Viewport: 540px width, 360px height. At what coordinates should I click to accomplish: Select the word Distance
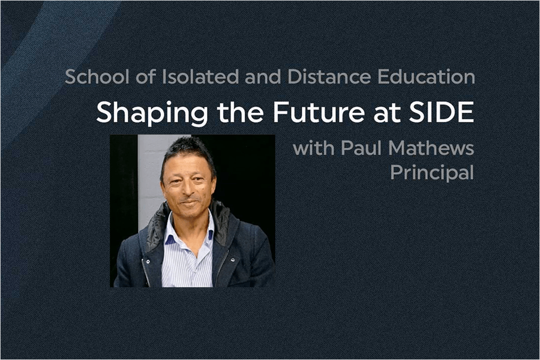329,76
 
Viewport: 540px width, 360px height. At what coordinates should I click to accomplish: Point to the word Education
427,76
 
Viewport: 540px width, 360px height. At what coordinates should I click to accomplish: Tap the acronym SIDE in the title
442,112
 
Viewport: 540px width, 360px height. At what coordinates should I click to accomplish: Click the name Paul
361,148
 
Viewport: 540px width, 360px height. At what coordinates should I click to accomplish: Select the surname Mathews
431,148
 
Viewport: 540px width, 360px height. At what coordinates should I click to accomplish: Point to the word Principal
432,173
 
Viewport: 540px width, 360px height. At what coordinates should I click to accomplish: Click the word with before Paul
314,148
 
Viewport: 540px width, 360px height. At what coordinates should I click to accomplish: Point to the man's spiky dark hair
188,150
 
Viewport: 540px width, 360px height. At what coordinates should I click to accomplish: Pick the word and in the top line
263,76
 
